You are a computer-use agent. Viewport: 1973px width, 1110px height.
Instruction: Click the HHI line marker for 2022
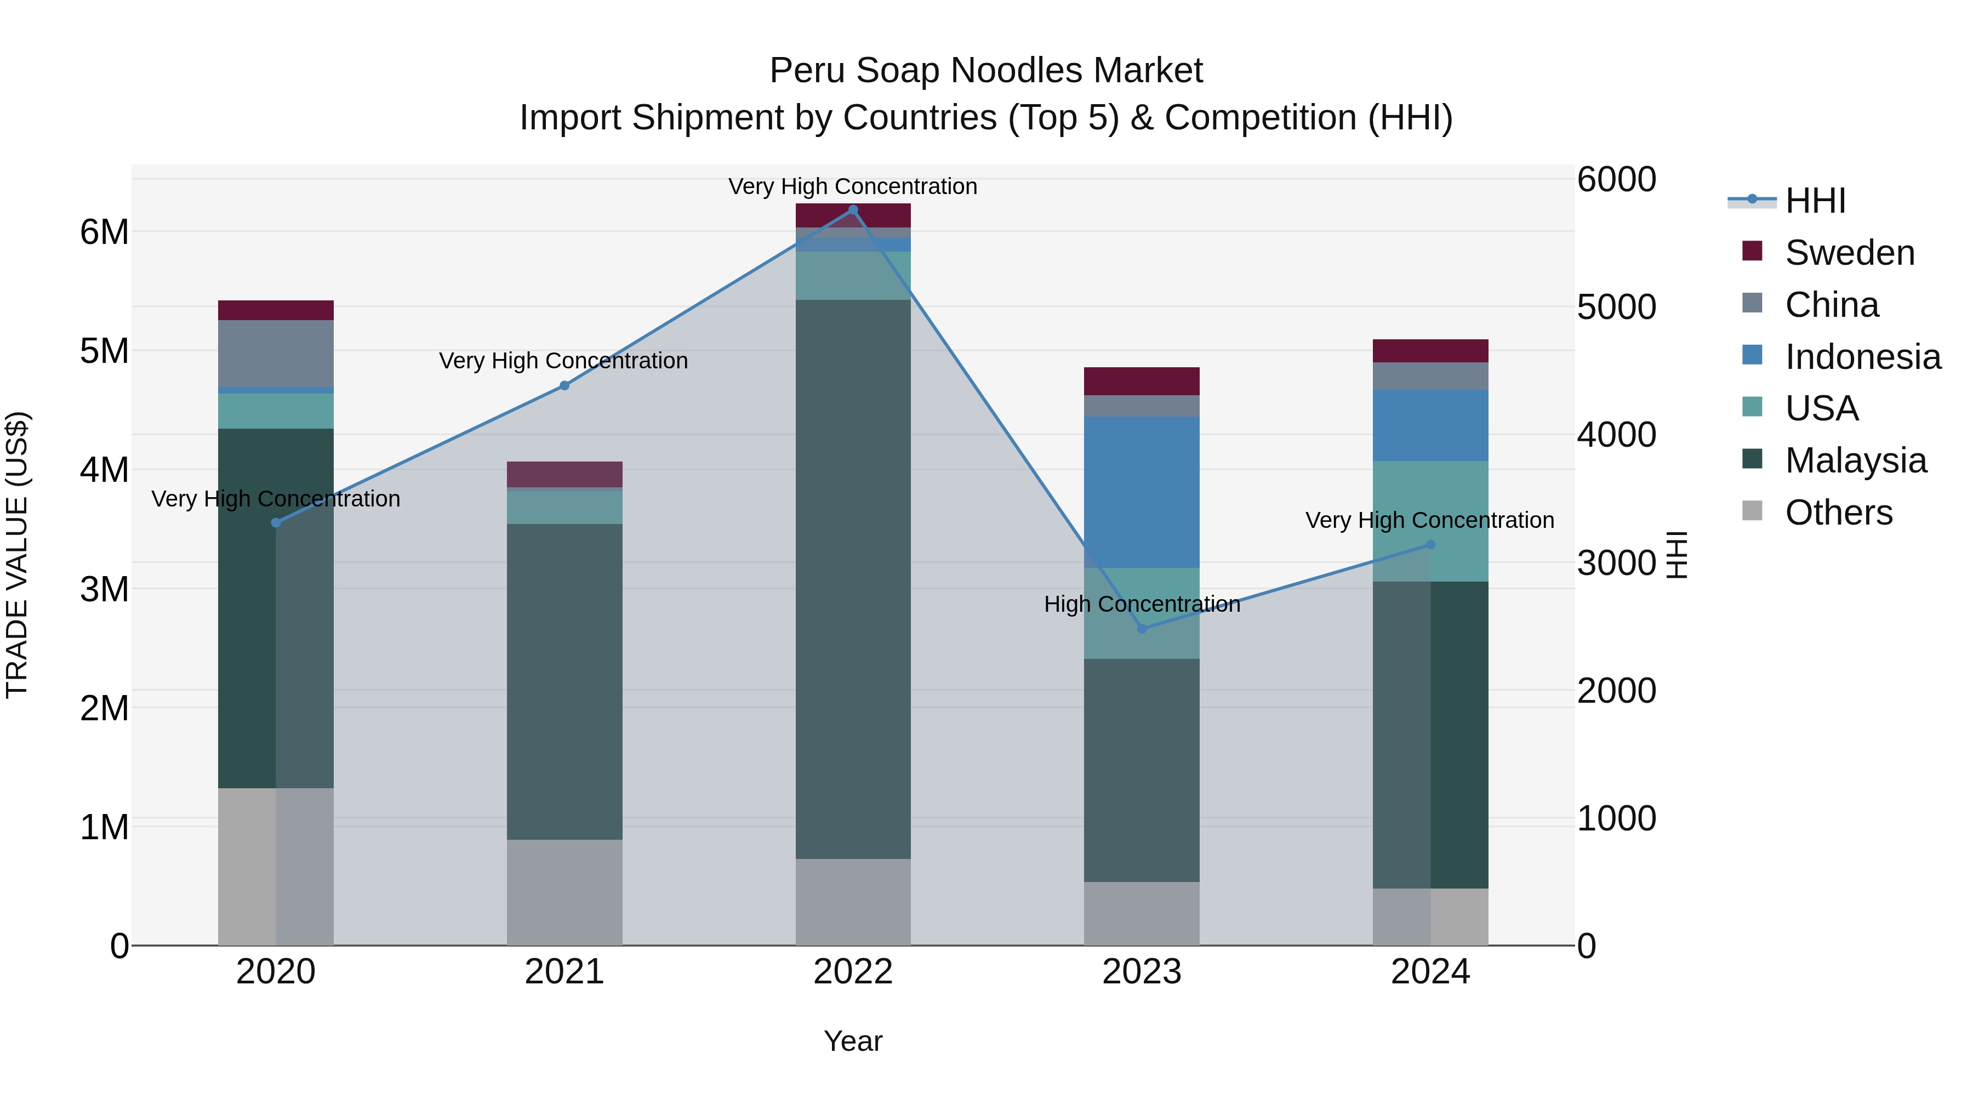[853, 210]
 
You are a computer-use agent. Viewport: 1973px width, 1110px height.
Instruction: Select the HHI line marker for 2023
[1142, 628]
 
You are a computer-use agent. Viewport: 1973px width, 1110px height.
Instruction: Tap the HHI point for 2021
[564, 385]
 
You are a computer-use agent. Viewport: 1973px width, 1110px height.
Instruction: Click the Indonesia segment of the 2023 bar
[1142, 492]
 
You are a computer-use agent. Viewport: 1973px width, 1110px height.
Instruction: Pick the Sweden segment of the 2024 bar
[1430, 351]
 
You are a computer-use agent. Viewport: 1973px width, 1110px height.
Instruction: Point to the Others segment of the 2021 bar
[564, 892]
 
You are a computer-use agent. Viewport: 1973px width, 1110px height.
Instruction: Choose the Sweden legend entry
[1849, 253]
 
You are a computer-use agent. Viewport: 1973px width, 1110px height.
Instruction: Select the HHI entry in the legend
[1815, 201]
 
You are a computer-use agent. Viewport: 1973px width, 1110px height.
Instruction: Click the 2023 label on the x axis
[1142, 972]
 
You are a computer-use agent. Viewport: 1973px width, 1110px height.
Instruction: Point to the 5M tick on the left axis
[105, 351]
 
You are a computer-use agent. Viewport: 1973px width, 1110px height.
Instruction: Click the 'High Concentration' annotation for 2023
[1142, 605]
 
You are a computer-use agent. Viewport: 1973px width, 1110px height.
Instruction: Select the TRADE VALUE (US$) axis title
[17, 555]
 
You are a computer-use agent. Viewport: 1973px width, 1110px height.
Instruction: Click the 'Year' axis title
[853, 1041]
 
